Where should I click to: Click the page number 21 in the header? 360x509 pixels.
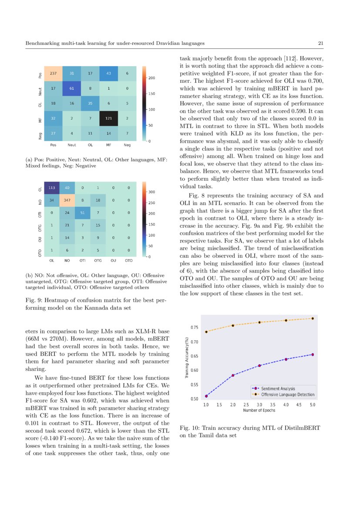pos(321,44)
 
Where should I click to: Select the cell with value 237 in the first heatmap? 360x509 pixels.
pos(54,73)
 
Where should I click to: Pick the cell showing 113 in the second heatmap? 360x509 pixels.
pos(52,189)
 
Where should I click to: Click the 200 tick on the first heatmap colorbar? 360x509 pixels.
pos(152,78)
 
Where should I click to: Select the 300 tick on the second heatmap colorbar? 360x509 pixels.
pos(152,192)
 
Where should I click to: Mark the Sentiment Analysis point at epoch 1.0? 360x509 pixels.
pos(206,396)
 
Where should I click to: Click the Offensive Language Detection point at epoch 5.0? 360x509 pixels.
pos(312,318)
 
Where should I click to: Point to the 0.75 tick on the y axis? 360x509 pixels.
pos(195,327)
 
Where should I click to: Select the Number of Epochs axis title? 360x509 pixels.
pos(259,410)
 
